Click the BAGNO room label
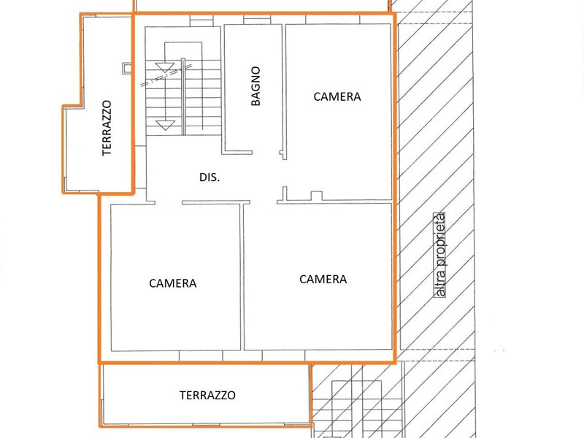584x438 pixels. click(255, 86)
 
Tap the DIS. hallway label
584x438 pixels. click(210, 177)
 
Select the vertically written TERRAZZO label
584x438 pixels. click(107, 128)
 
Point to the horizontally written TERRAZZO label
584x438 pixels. click(207, 395)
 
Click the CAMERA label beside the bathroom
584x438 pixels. click(337, 97)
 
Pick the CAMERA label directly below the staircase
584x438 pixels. click(173, 283)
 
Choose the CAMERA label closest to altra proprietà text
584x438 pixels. click(323, 280)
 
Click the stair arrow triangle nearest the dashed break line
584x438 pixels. click(165, 67)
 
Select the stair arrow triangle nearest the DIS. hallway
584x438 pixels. click(165, 125)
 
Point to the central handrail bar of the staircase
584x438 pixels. click(183, 96)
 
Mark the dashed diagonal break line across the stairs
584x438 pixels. click(166, 76)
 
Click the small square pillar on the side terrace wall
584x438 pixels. click(127, 68)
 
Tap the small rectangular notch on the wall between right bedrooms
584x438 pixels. click(316, 196)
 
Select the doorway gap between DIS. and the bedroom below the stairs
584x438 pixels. click(169, 203)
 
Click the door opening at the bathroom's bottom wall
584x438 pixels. click(266, 153)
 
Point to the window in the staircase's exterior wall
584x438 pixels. click(201, 21)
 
